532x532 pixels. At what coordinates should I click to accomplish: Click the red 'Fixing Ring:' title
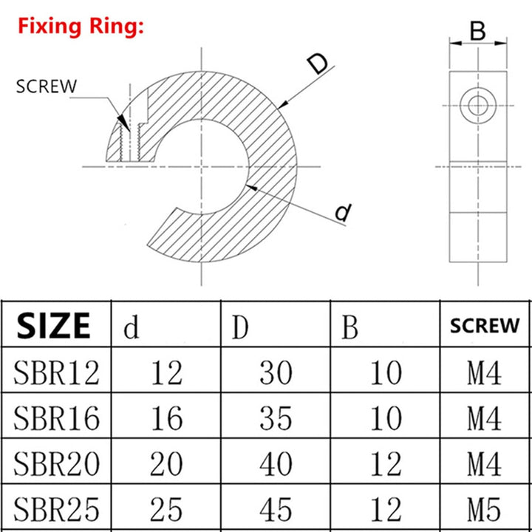(81, 28)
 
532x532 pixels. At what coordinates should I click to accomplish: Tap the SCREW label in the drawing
(46, 86)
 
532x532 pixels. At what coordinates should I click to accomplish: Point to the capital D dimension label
(316, 64)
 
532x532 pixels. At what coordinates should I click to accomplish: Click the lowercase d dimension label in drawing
(342, 213)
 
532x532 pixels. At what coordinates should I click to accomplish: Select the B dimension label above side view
(478, 32)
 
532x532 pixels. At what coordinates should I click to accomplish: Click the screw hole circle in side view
(478, 104)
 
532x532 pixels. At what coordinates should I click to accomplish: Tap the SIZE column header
(54, 325)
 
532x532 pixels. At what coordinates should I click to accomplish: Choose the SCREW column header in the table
(485, 326)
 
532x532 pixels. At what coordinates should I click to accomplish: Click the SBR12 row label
(55, 373)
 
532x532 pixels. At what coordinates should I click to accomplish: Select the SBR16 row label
(55, 418)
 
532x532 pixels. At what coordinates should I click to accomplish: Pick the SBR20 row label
(55, 464)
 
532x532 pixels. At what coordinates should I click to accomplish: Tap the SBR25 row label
(55, 509)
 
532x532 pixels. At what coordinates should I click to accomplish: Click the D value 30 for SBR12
(276, 373)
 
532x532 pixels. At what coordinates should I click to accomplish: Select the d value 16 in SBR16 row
(166, 419)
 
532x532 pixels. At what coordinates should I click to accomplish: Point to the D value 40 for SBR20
(276, 464)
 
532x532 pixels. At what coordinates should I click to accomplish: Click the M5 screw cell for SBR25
(485, 509)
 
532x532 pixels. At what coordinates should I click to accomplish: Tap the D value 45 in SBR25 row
(276, 509)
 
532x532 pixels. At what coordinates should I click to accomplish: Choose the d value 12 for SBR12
(166, 373)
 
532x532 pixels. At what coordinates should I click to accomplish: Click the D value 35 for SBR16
(276, 419)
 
